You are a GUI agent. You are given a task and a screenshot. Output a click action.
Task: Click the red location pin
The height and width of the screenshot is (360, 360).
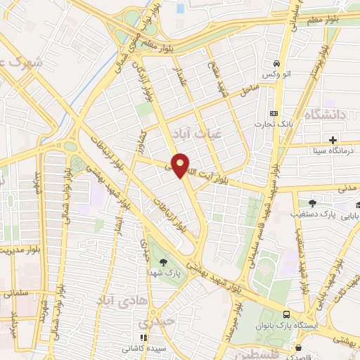tap(181, 165)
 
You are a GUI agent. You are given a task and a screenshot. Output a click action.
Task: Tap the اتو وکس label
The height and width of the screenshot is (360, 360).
tap(277, 75)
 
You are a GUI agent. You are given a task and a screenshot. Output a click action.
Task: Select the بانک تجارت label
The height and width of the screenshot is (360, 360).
tap(276, 124)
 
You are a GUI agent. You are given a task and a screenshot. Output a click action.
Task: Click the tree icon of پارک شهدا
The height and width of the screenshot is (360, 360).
tap(164, 262)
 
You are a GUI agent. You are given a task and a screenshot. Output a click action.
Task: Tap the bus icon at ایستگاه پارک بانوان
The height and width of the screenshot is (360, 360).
tap(286, 315)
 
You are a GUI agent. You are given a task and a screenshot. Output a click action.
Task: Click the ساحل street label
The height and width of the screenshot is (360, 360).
tap(247, 90)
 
